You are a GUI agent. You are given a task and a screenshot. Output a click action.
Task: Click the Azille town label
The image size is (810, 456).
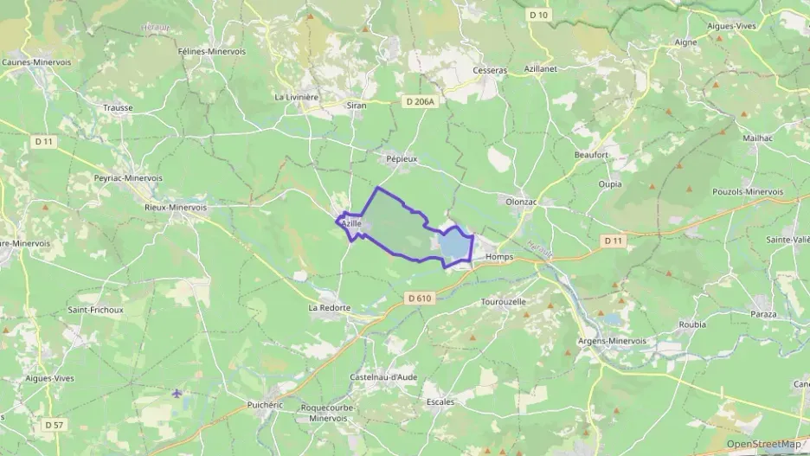[350, 223]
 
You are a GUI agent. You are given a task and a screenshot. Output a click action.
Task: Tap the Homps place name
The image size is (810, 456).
[499, 257]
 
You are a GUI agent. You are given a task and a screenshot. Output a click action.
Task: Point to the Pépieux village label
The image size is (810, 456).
[402, 160]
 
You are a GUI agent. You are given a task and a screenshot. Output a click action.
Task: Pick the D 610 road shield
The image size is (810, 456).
[418, 299]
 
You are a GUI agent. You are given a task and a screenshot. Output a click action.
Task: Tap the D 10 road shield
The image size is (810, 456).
[538, 15]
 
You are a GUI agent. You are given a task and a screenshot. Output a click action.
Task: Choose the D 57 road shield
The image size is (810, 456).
[54, 425]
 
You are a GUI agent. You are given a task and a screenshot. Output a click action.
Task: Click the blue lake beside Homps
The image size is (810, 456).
[453, 247]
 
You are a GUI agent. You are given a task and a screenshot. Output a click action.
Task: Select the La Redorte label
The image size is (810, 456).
[330, 307]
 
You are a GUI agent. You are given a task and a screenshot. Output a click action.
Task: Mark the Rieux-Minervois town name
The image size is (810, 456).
[176, 208]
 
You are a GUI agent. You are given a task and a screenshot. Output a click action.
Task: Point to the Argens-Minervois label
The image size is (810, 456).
[612, 341]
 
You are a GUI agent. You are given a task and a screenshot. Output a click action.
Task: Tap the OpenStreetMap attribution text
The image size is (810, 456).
[763, 444]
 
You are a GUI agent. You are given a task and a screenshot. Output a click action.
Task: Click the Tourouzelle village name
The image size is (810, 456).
[502, 302]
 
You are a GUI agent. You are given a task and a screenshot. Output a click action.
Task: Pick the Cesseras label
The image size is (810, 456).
[489, 70]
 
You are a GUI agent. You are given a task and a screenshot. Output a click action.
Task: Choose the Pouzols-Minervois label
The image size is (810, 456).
[747, 191]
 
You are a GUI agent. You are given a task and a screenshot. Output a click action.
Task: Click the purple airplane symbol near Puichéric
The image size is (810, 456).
[177, 394]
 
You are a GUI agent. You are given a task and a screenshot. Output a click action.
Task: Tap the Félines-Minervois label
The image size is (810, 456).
[211, 52]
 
